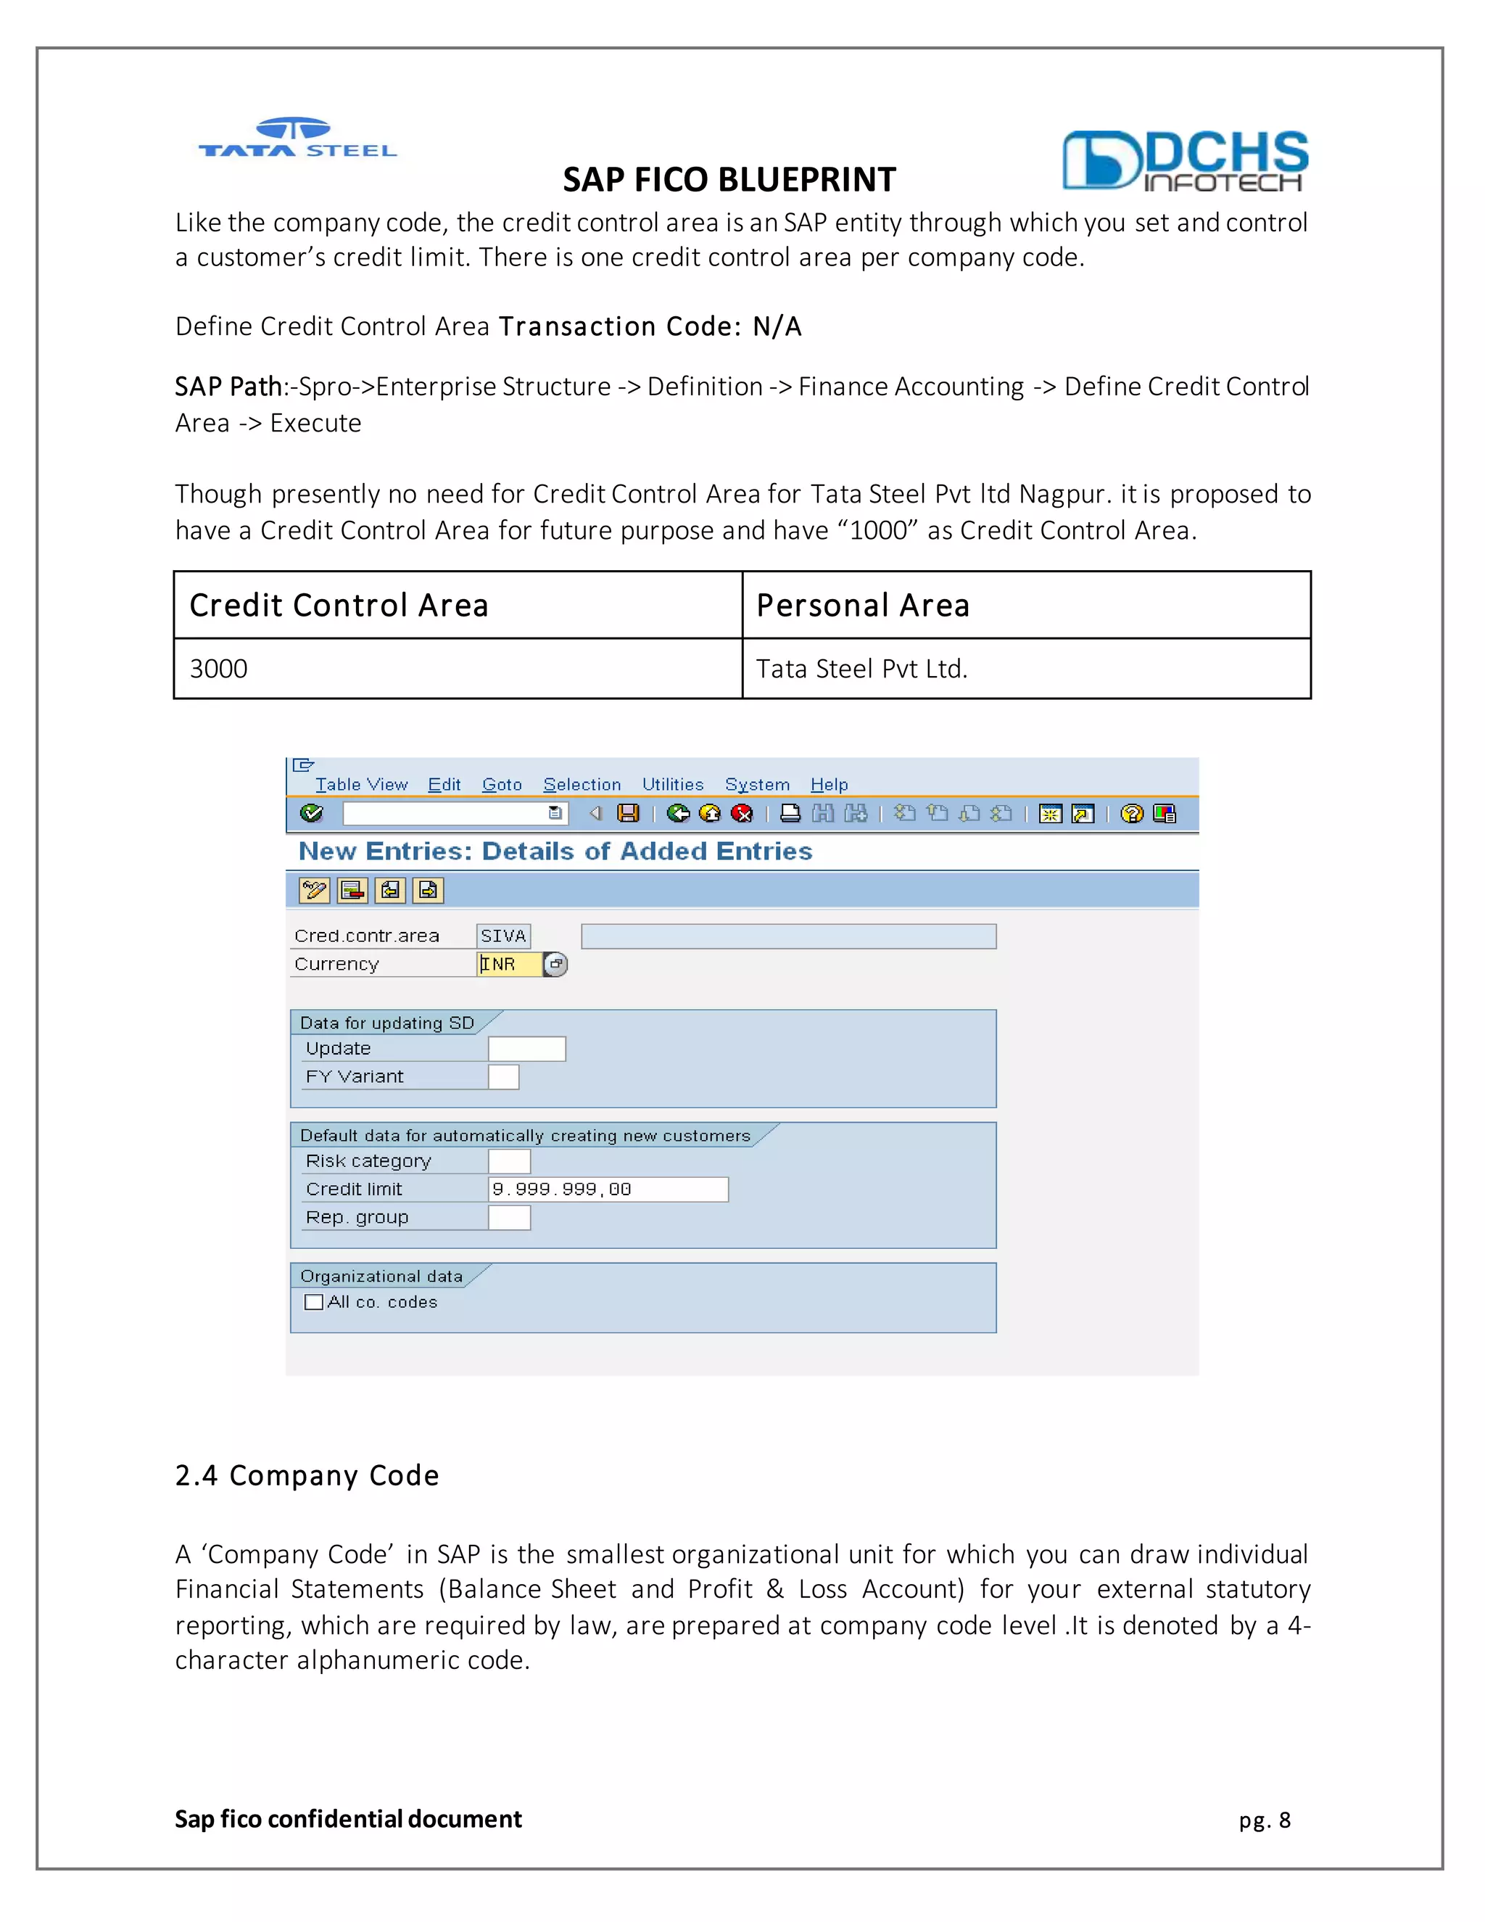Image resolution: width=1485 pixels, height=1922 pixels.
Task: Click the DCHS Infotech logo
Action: pyautogui.click(x=1184, y=161)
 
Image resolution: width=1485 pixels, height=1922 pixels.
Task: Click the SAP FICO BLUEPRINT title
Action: pyautogui.click(x=729, y=180)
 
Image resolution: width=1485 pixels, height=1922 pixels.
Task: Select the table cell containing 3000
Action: pyautogui.click(x=458, y=669)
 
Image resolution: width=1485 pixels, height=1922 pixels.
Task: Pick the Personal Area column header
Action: pyautogui.click(x=1026, y=606)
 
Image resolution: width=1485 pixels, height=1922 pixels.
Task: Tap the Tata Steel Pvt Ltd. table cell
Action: pyautogui.click(x=1026, y=669)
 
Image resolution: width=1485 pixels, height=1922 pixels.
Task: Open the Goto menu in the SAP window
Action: pyautogui.click(x=502, y=784)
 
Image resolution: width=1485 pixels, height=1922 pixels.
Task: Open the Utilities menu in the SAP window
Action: pyautogui.click(x=672, y=784)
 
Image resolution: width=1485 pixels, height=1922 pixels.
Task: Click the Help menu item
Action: pyautogui.click(x=829, y=784)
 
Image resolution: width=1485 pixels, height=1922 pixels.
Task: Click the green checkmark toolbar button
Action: pyautogui.click(x=311, y=813)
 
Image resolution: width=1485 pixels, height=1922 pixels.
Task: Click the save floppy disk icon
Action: pyautogui.click(x=628, y=813)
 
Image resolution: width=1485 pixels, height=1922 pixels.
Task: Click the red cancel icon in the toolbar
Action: pyautogui.click(x=742, y=813)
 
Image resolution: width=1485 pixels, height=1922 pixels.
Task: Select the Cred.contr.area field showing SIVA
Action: pyautogui.click(x=503, y=936)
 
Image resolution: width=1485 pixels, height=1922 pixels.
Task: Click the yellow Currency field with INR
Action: pyautogui.click(x=509, y=965)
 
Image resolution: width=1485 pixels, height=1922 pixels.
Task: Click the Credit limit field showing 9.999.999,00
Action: pyautogui.click(x=608, y=1189)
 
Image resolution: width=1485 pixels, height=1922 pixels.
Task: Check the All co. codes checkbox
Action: pyautogui.click(x=314, y=1303)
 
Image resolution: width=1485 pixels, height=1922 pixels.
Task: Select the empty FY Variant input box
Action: pyautogui.click(x=503, y=1077)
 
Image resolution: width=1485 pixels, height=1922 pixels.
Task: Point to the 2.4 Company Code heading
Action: pyautogui.click(x=307, y=1476)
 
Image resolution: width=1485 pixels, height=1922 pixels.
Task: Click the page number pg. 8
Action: pyautogui.click(x=1264, y=1820)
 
